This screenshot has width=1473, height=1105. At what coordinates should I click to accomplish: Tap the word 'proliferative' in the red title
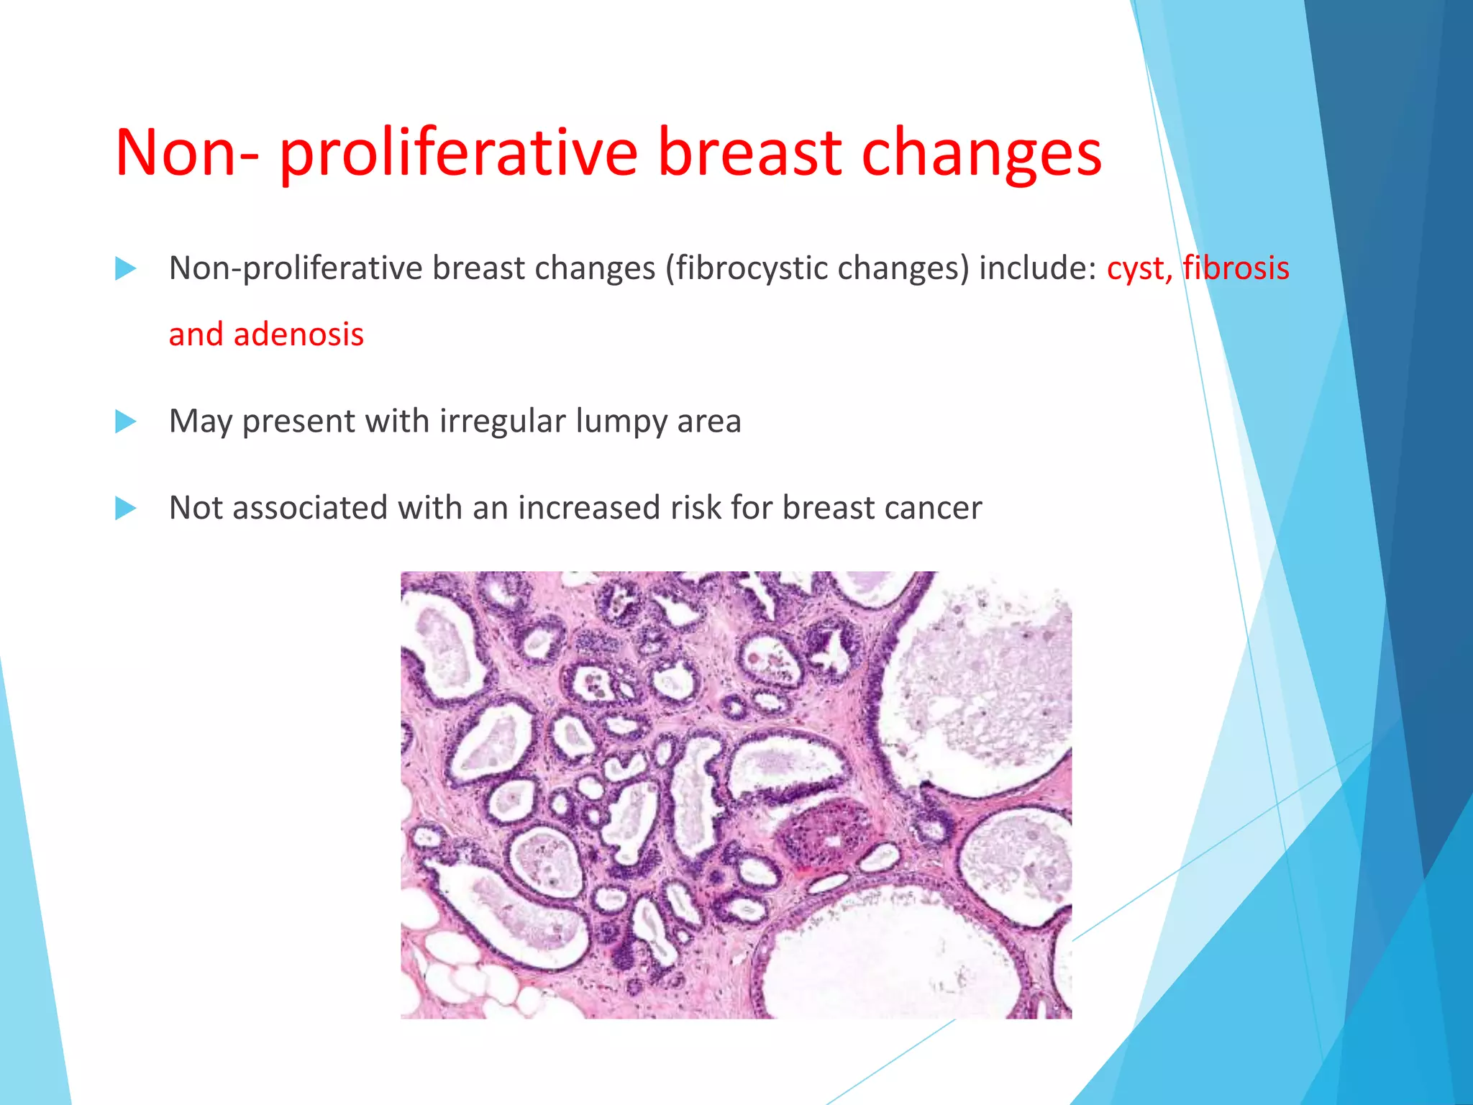458,153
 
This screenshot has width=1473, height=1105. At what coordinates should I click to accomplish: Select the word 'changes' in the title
981,153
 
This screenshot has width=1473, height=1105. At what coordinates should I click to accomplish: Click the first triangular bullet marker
125,269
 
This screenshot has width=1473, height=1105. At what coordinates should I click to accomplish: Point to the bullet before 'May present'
125,422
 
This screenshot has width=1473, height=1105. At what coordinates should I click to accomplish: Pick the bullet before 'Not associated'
125,509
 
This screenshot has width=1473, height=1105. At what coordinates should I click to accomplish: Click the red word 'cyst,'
1139,269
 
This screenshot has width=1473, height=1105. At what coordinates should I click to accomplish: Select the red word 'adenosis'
298,335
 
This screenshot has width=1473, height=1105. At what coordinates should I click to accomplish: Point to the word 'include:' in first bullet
1037,268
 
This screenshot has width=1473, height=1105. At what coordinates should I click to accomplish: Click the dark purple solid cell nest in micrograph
827,838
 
